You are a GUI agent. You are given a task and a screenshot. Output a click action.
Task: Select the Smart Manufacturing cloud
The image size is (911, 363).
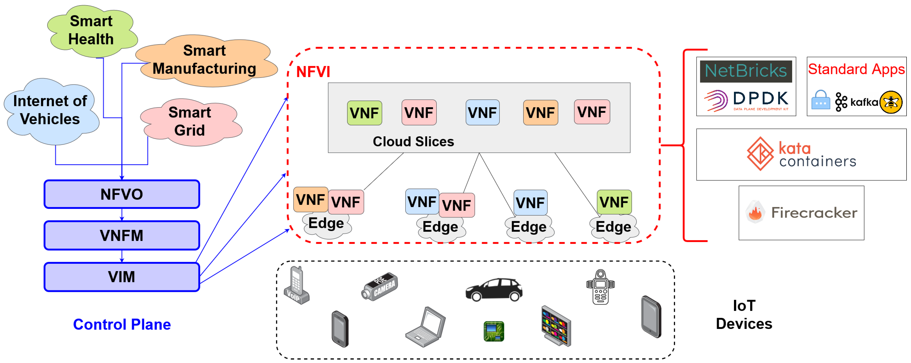pyautogui.click(x=204, y=60)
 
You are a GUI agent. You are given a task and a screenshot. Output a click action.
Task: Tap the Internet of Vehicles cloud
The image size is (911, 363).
pyautogui.click(x=50, y=110)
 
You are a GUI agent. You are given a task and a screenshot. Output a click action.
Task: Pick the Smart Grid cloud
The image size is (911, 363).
pyautogui.click(x=190, y=121)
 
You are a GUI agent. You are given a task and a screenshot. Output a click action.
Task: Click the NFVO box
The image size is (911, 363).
pyautogui.click(x=122, y=194)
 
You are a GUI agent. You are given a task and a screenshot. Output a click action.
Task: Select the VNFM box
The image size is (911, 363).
pyautogui.click(x=122, y=235)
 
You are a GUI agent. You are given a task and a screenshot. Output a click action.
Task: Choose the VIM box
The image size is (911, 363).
pyautogui.click(x=122, y=277)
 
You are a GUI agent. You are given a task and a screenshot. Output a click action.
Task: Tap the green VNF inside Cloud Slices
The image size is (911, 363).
pyautogui.click(x=364, y=113)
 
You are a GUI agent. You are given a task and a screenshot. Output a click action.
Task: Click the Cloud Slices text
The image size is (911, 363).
pyautogui.click(x=413, y=141)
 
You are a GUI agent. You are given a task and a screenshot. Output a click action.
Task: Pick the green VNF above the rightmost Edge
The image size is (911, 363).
pyautogui.click(x=614, y=202)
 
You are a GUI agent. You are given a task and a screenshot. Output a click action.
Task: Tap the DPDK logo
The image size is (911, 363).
pyautogui.click(x=746, y=100)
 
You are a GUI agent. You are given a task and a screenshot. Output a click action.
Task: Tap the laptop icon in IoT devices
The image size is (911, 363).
pyautogui.click(x=425, y=327)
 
